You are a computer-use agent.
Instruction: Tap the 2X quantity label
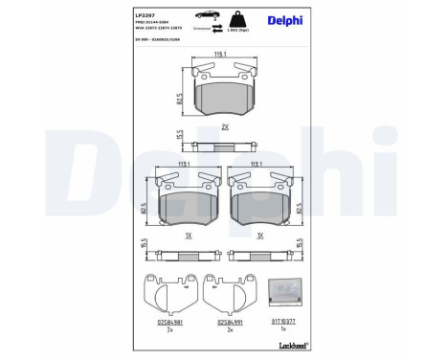221,126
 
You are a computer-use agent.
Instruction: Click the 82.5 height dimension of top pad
180,97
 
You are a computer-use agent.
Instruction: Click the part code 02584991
228,323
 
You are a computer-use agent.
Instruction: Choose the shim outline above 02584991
228,294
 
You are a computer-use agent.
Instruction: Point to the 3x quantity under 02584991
228,330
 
